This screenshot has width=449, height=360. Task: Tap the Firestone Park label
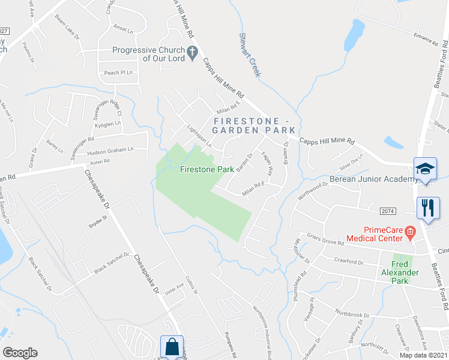pos(207,169)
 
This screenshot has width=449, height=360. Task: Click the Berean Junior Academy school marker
pos(424,169)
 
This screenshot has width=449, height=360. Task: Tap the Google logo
pos(20,353)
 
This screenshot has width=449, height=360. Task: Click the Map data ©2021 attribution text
pos(424,355)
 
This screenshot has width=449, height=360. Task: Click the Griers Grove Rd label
pos(325,240)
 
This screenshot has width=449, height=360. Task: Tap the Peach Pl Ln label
pos(118,73)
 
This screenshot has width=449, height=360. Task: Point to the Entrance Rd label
pos(426,39)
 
